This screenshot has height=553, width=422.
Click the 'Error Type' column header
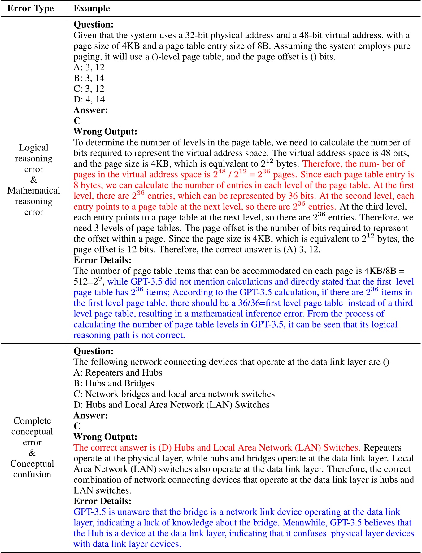(x=30, y=8)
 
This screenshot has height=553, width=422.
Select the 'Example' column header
(x=92, y=8)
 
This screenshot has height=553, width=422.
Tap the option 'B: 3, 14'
(x=89, y=78)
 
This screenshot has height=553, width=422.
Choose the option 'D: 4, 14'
(x=89, y=99)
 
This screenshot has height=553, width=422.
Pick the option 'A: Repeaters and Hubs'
(x=118, y=373)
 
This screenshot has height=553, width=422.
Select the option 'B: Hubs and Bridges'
(x=114, y=383)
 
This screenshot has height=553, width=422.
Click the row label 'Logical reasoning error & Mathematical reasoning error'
(x=33, y=180)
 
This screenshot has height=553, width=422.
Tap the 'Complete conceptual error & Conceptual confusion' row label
(x=32, y=447)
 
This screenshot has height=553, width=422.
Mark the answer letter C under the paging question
(x=77, y=121)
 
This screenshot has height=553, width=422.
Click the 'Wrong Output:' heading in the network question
(x=105, y=437)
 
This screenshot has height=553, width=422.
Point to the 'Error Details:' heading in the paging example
(x=102, y=260)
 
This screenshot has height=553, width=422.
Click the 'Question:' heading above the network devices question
(x=94, y=351)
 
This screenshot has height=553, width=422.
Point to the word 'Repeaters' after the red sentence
(x=382, y=448)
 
